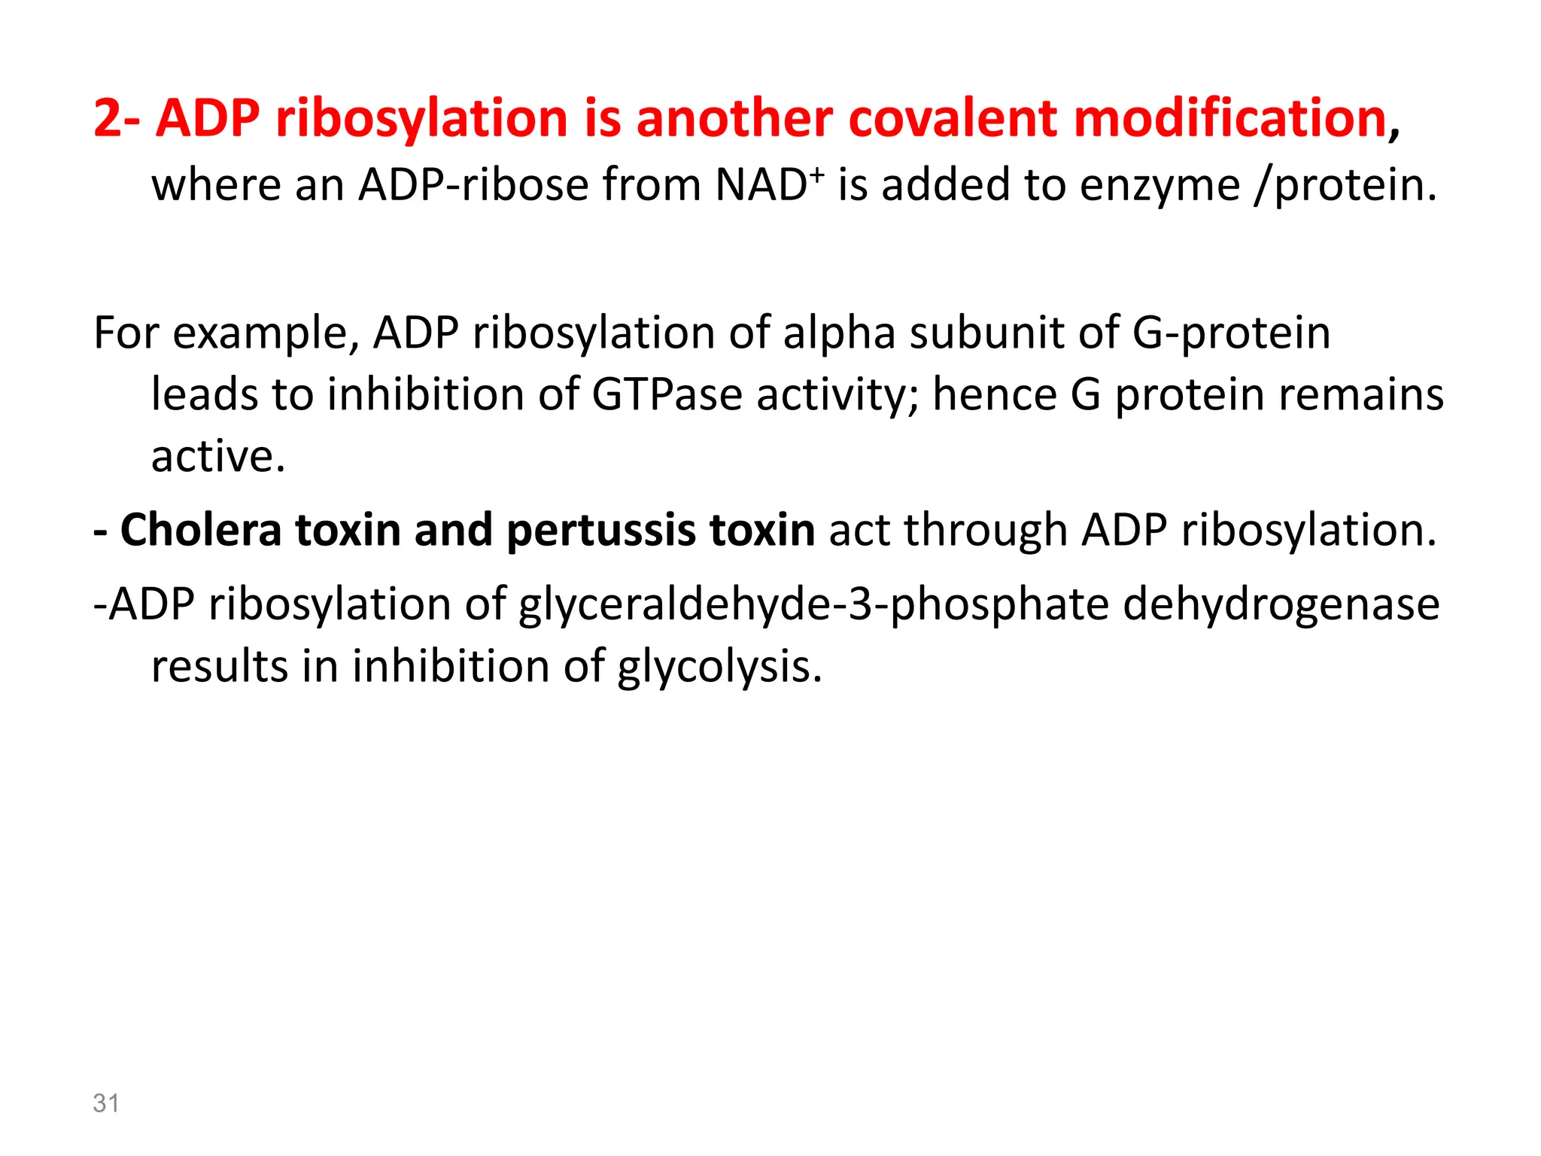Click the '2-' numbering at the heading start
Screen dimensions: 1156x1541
(116, 119)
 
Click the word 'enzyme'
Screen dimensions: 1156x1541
(1160, 185)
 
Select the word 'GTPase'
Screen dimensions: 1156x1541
(667, 394)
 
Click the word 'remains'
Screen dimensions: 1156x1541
(1361, 394)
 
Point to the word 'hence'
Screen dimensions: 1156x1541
(995, 394)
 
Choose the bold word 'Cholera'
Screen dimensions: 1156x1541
(200, 530)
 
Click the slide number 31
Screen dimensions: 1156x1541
(106, 1103)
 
